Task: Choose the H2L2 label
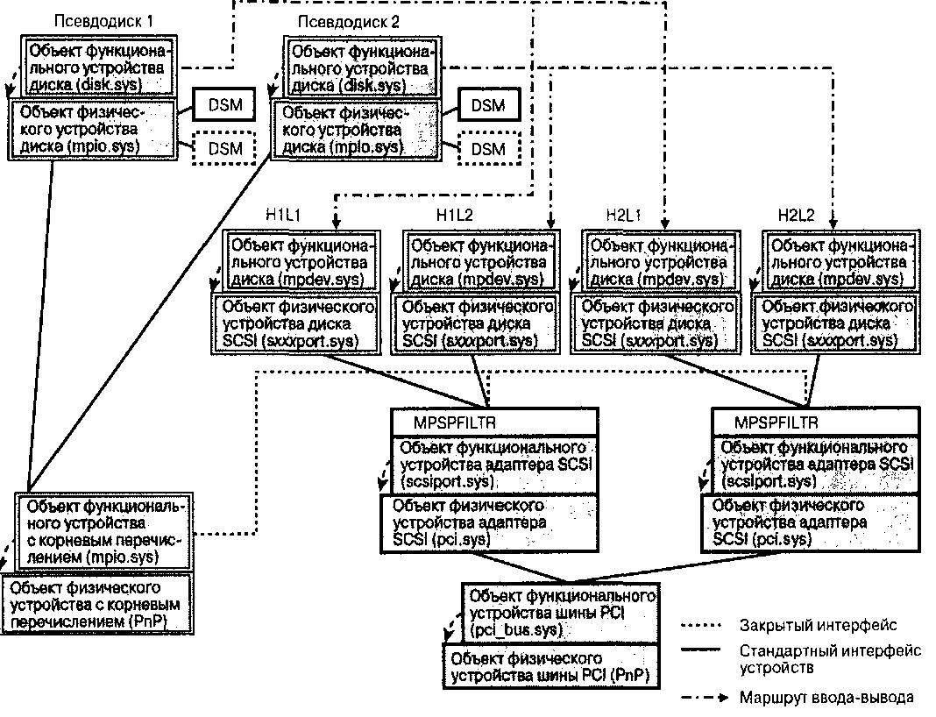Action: point(796,214)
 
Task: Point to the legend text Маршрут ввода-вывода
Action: point(826,698)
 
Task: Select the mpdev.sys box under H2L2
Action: point(837,260)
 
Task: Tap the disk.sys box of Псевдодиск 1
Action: point(100,67)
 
